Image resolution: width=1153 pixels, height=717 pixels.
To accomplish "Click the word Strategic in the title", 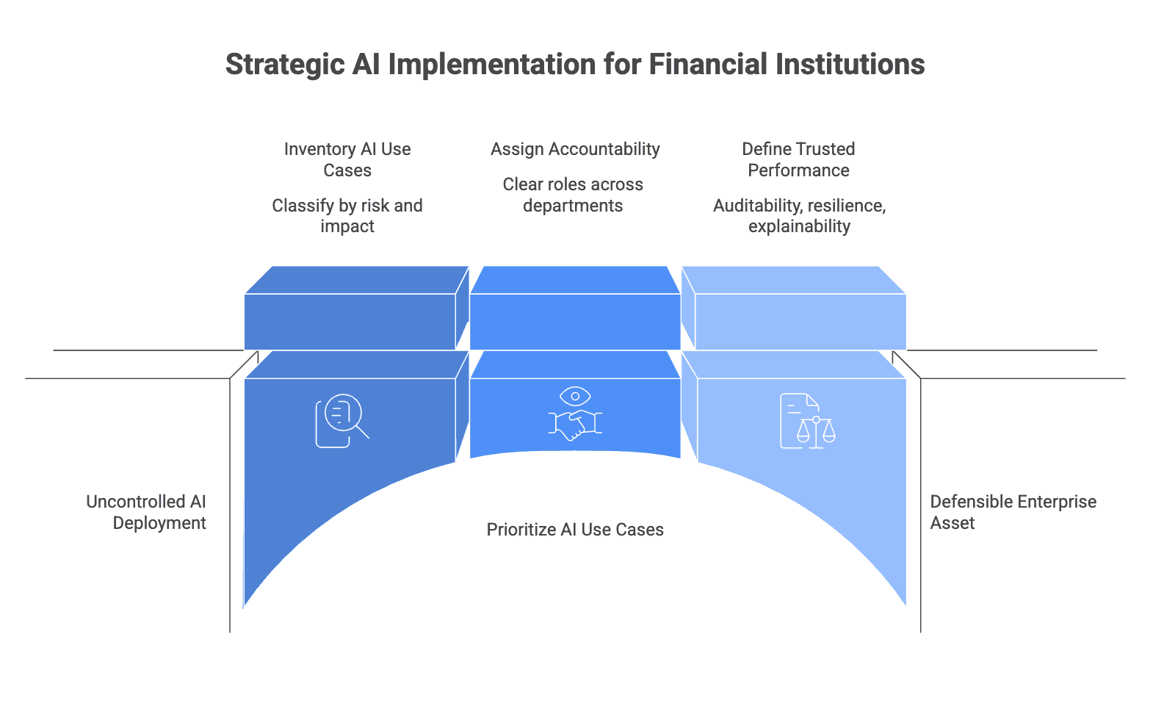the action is [285, 65].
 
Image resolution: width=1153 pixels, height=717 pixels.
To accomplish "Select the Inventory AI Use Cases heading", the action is [347, 159].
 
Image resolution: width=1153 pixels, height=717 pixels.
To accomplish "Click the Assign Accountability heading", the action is [575, 149].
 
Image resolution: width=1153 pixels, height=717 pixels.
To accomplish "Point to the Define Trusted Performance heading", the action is [798, 159].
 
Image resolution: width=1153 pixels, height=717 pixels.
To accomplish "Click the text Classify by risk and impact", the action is [347, 216].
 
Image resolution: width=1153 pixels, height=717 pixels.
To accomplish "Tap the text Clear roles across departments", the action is [573, 195].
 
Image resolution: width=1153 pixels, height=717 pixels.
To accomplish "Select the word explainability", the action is [799, 226].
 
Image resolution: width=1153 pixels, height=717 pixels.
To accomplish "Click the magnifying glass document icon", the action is [342, 420].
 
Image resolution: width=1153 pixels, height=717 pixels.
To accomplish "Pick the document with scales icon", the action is [808, 421].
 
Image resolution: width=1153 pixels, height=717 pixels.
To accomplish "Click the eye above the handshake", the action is [575, 396].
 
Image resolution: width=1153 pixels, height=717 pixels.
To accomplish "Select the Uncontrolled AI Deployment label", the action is [146, 512].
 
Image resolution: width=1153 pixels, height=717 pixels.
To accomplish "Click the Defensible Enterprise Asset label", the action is [1013, 512].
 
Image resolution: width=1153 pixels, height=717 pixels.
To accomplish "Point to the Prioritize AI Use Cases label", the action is [575, 530].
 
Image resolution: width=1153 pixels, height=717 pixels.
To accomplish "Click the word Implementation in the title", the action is [492, 65].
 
